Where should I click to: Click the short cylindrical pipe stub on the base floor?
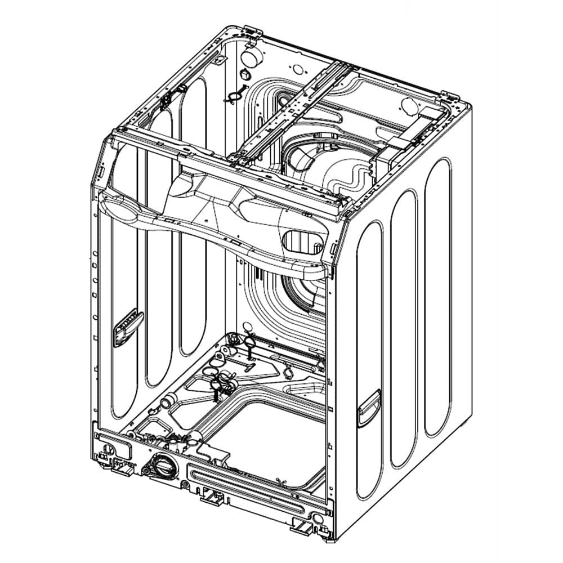point(168,403)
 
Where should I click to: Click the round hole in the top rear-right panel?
point(408,105)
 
